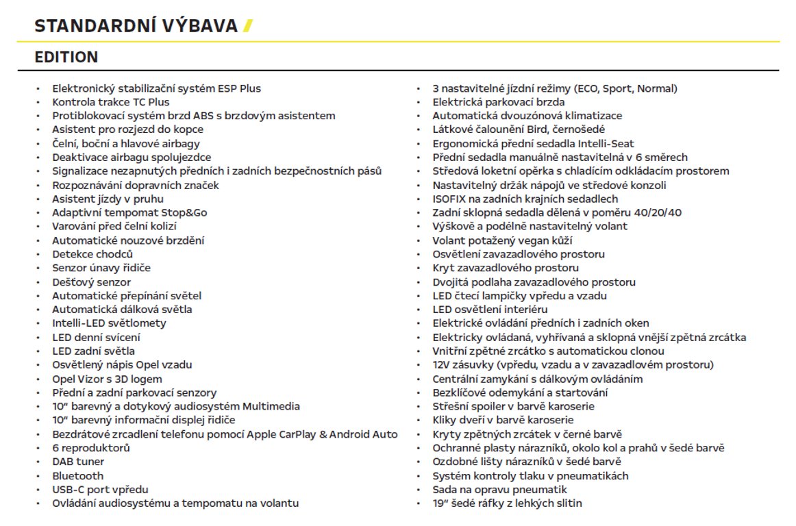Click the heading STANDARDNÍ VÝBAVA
136,26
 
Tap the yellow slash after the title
248,26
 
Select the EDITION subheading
66,58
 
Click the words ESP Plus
239,88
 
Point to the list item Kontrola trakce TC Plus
111,102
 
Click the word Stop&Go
184,212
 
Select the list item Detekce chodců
92,254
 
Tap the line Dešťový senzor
91,281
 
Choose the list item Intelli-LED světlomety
109,323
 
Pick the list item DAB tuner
78,462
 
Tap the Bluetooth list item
78,475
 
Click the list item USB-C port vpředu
100,489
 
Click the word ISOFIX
451,199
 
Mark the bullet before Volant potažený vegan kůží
418,240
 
